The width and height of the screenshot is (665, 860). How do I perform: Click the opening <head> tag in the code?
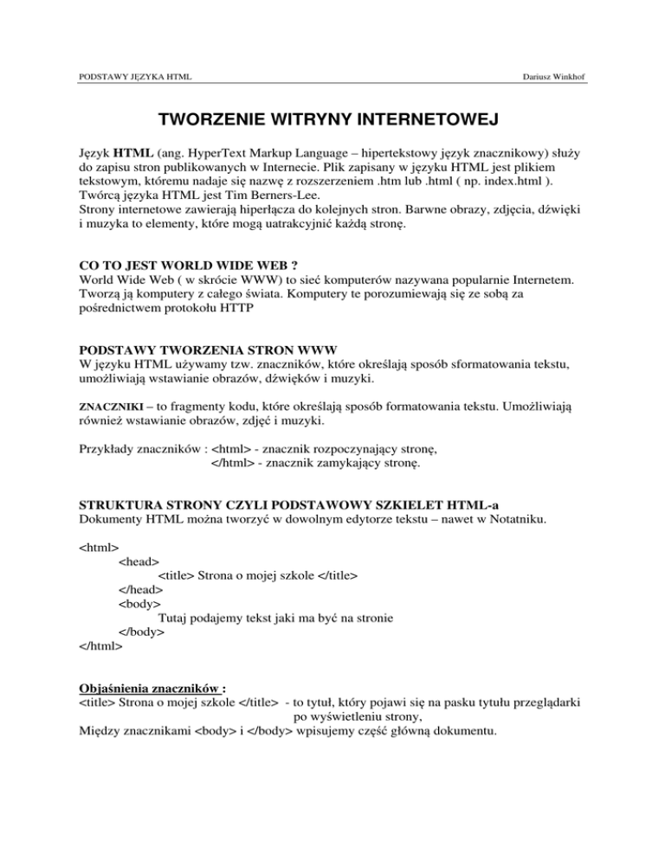(x=139, y=562)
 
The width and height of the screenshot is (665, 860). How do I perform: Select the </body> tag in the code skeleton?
(x=141, y=632)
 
